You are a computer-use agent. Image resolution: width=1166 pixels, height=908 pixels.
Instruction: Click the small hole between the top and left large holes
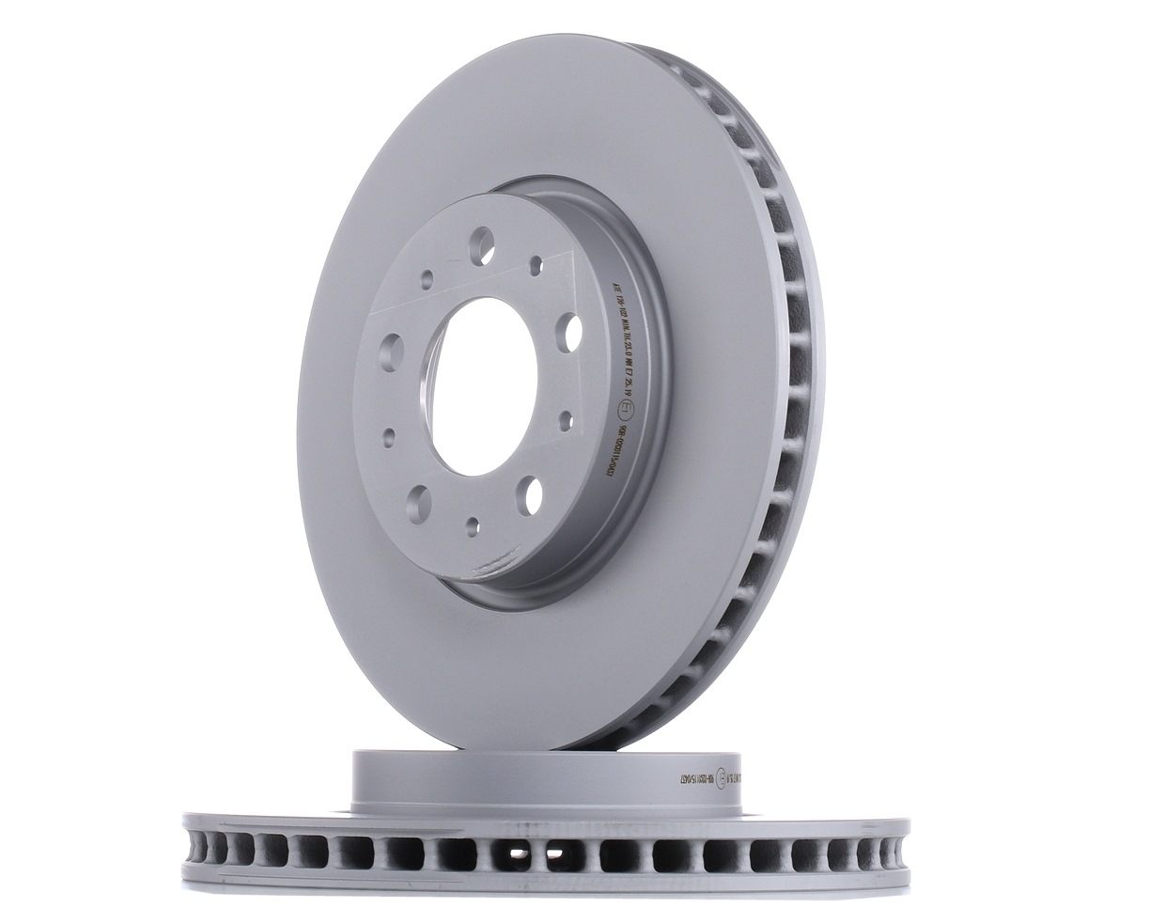point(427,277)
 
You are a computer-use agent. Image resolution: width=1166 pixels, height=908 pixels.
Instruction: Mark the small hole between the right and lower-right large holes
point(566,415)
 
